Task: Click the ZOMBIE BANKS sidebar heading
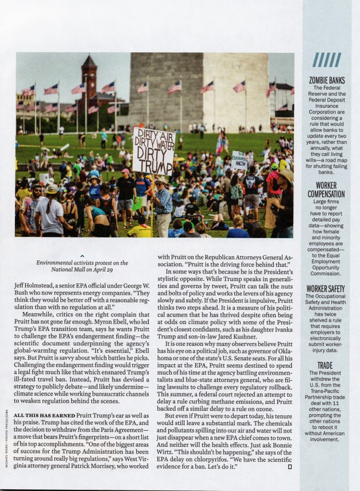pos(327,80)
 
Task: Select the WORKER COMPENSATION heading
pos(327,190)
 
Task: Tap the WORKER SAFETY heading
pos(326,289)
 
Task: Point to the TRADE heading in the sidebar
pos(326,365)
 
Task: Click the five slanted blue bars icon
pos(326,60)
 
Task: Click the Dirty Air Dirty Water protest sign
pos(153,151)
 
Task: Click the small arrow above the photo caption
pos(83,256)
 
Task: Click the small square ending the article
pos(290,466)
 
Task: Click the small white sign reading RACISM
pos(239,161)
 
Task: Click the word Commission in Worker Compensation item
pos(326,274)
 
